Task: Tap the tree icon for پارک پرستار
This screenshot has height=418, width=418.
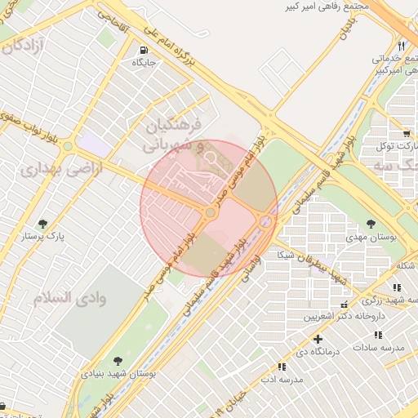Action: point(42,223)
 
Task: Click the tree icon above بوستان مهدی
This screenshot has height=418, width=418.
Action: point(371,223)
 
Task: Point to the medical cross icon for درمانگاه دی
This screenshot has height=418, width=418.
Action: point(318,338)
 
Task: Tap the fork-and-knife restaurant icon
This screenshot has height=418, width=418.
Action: point(400,46)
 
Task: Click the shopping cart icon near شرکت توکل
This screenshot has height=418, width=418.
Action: point(406,133)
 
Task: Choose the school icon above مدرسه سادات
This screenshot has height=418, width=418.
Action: point(377,335)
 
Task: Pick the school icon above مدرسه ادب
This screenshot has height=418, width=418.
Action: point(282,367)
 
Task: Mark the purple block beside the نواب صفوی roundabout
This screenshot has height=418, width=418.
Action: point(94,146)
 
